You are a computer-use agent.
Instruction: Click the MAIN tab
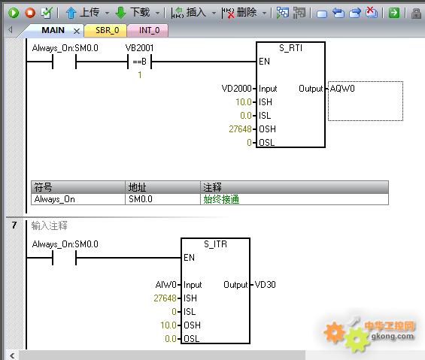point(53,30)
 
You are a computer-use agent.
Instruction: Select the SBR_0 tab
point(107,30)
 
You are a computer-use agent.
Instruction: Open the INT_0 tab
point(149,30)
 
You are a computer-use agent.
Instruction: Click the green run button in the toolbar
point(14,13)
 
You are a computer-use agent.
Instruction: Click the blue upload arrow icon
point(71,13)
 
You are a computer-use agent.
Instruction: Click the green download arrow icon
point(120,13)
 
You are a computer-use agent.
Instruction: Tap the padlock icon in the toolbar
point(416,13)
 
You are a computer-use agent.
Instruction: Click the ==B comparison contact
point(140,62)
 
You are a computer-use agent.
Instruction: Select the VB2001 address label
point(140,48)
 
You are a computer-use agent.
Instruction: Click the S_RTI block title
point(290,48)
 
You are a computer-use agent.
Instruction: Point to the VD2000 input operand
point(237,89)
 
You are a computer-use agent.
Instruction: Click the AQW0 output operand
point(342,89)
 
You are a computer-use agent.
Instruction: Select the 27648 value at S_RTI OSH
point(240,129)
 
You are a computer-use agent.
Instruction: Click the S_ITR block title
point(215,244)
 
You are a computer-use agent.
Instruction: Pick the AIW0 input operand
point(166,285)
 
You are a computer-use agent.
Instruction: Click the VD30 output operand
point(266,285)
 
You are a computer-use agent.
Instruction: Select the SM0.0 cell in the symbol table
point(141,199)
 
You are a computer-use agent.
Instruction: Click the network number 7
point(14,225)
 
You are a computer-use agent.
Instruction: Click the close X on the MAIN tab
point(77,31)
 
